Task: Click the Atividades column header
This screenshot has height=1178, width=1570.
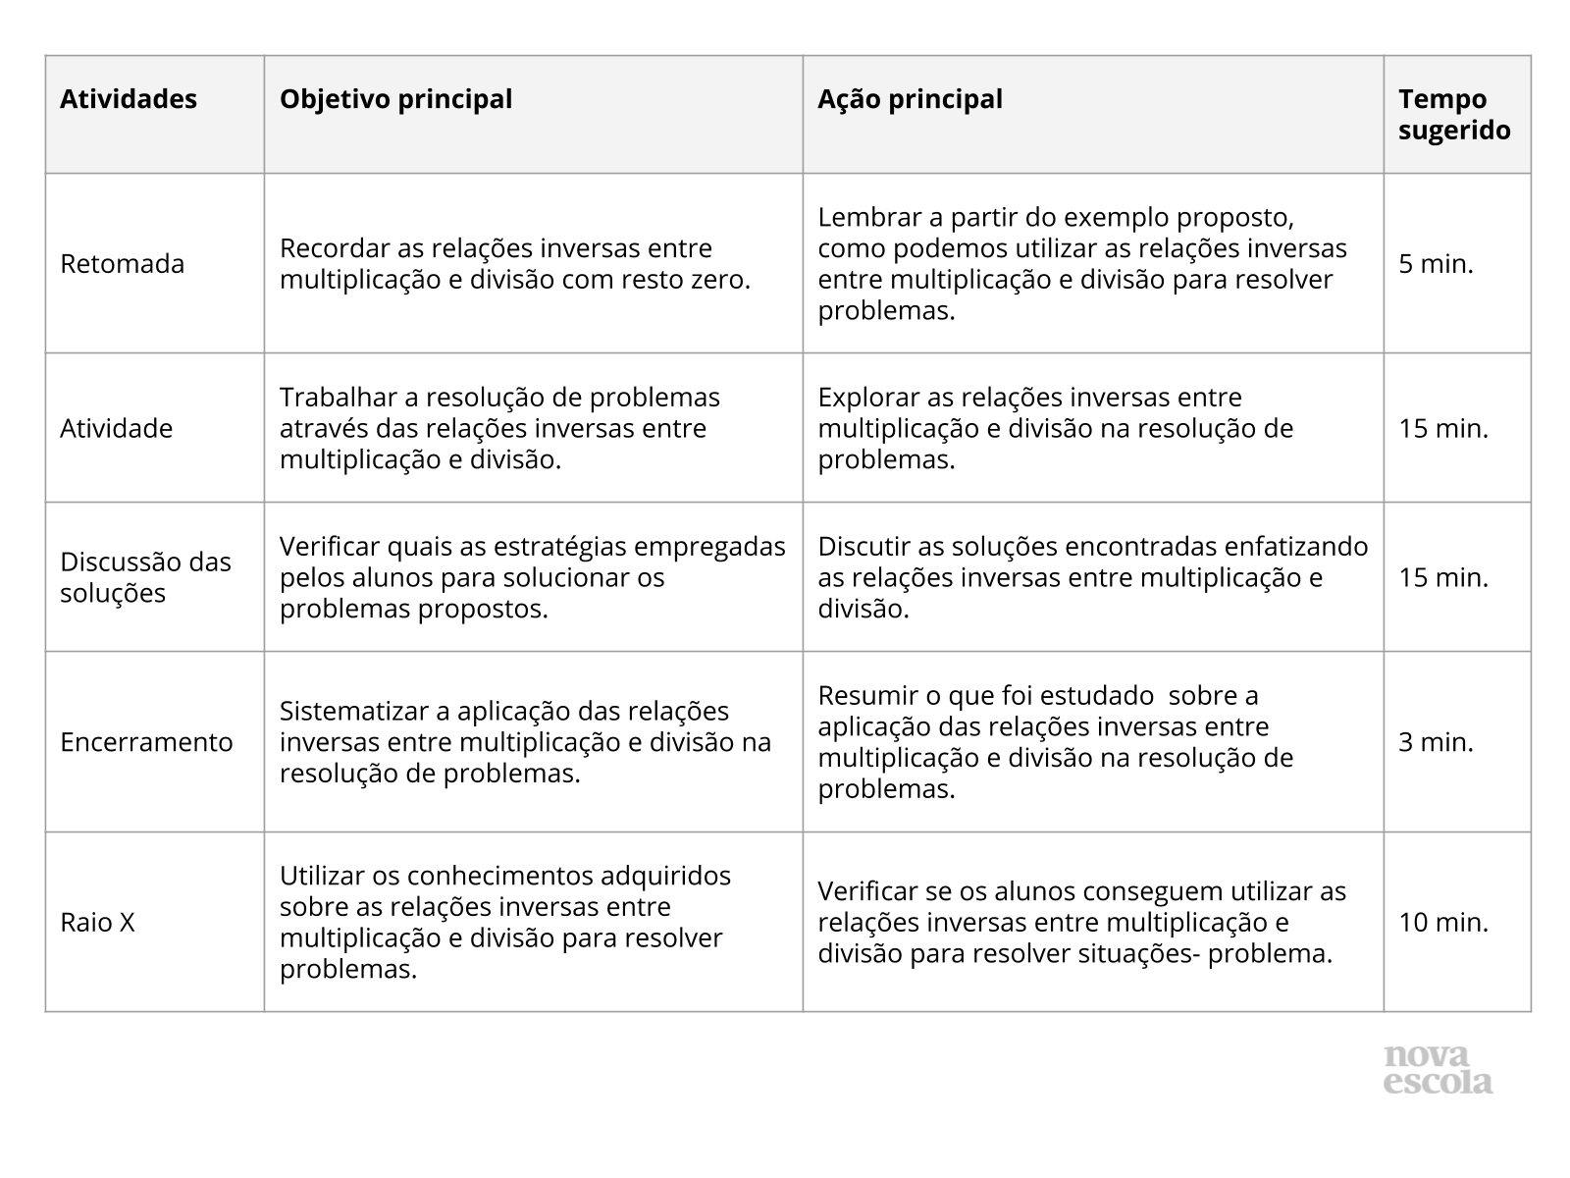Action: click(129, 99)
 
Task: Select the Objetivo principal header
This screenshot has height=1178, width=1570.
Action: click(395, 99)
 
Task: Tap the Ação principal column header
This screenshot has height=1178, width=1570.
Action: click(910, 99)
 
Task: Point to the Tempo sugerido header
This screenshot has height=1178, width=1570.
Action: click(1454, 115)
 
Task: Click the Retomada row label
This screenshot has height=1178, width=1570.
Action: click(122, 264)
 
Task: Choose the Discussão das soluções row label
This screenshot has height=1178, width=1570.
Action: click(145, 577)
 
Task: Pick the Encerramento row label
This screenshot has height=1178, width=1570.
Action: click(146, 742)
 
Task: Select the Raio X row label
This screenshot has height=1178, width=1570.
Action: click(97, 923)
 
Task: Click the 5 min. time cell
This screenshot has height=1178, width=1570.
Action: click(1436, 264)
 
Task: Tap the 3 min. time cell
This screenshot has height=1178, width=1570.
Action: click(1436, 742)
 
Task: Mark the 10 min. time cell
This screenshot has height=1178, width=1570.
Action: click(1443, 923)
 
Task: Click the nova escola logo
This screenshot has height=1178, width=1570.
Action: click(1439, 1070)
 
